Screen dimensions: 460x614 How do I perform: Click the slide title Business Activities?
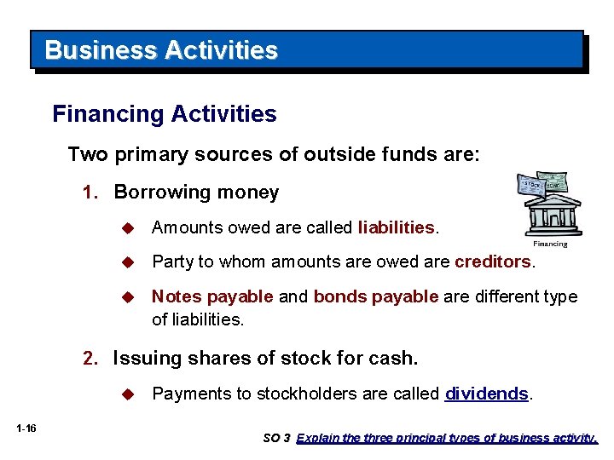(161, 50)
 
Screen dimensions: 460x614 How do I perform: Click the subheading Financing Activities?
(165, 114)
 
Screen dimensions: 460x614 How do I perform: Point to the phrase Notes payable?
(212, 296)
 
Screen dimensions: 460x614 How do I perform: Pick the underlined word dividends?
(487, 394)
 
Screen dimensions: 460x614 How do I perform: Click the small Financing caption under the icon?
(550, 244)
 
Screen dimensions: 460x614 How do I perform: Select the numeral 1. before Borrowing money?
(91, 193)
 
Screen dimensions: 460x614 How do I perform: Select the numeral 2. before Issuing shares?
(90, 359)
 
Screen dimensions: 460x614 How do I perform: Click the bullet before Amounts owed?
(128, 228)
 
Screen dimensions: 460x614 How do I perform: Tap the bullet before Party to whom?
(128, 262)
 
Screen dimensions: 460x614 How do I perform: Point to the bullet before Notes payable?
(128, 297)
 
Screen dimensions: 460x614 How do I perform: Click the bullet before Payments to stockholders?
(128, 394)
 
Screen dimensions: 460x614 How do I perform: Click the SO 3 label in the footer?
(276, 439)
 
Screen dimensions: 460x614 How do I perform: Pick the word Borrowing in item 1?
(156, 193)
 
